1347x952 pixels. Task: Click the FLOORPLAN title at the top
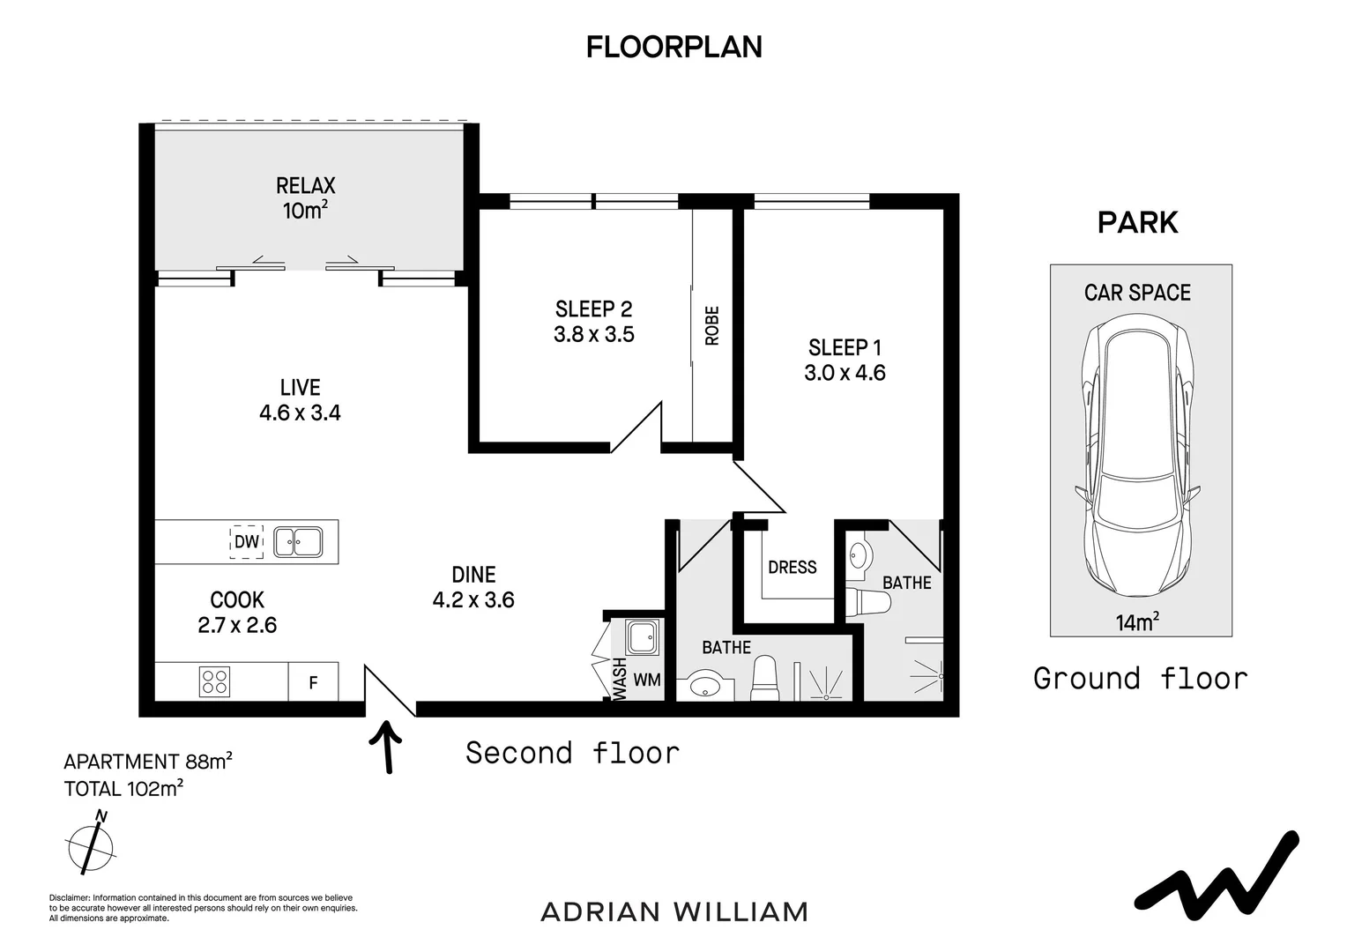click(x=674, y=47)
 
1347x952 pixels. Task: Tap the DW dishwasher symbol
click(x=247, y=542)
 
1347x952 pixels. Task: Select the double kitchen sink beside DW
click(x=298, y=542)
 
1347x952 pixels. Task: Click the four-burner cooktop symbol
click(x=215, y=682)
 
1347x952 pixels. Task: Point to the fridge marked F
click(x=313, y=682)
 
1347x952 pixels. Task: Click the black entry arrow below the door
click(x=387, y=747)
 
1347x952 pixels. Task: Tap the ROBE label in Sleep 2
click(x=711, y=326)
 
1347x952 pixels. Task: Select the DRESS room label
click(x=792, y=567)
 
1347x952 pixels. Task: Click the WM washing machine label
click(x=647, y=681)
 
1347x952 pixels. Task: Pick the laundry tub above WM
click(x=643, y=637)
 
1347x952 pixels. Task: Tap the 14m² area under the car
click(x=1137, y=621)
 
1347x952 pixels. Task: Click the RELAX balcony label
click(x=306, y=185)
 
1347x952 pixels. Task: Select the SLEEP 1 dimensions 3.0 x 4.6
click(x=845, y=373)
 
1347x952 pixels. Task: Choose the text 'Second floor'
click(x=572, y=753)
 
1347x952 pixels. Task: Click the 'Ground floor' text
click(x=1141, y=679)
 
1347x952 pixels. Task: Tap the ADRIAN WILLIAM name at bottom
click(x=674, y=912)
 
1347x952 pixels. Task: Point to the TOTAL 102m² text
click(x=124, y=788)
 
